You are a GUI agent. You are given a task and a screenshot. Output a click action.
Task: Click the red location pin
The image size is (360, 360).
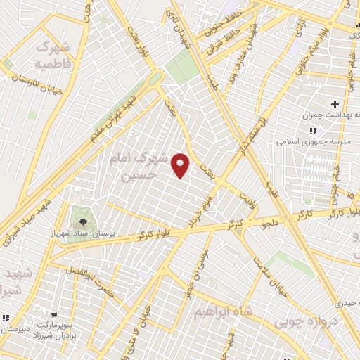181,165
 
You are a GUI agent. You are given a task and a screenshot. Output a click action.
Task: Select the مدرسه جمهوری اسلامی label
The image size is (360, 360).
328,140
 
